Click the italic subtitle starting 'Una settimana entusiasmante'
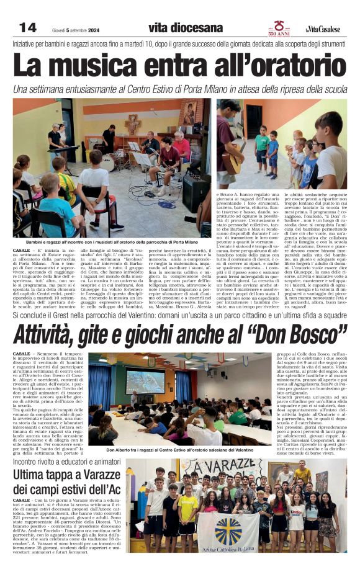click(179, 89)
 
